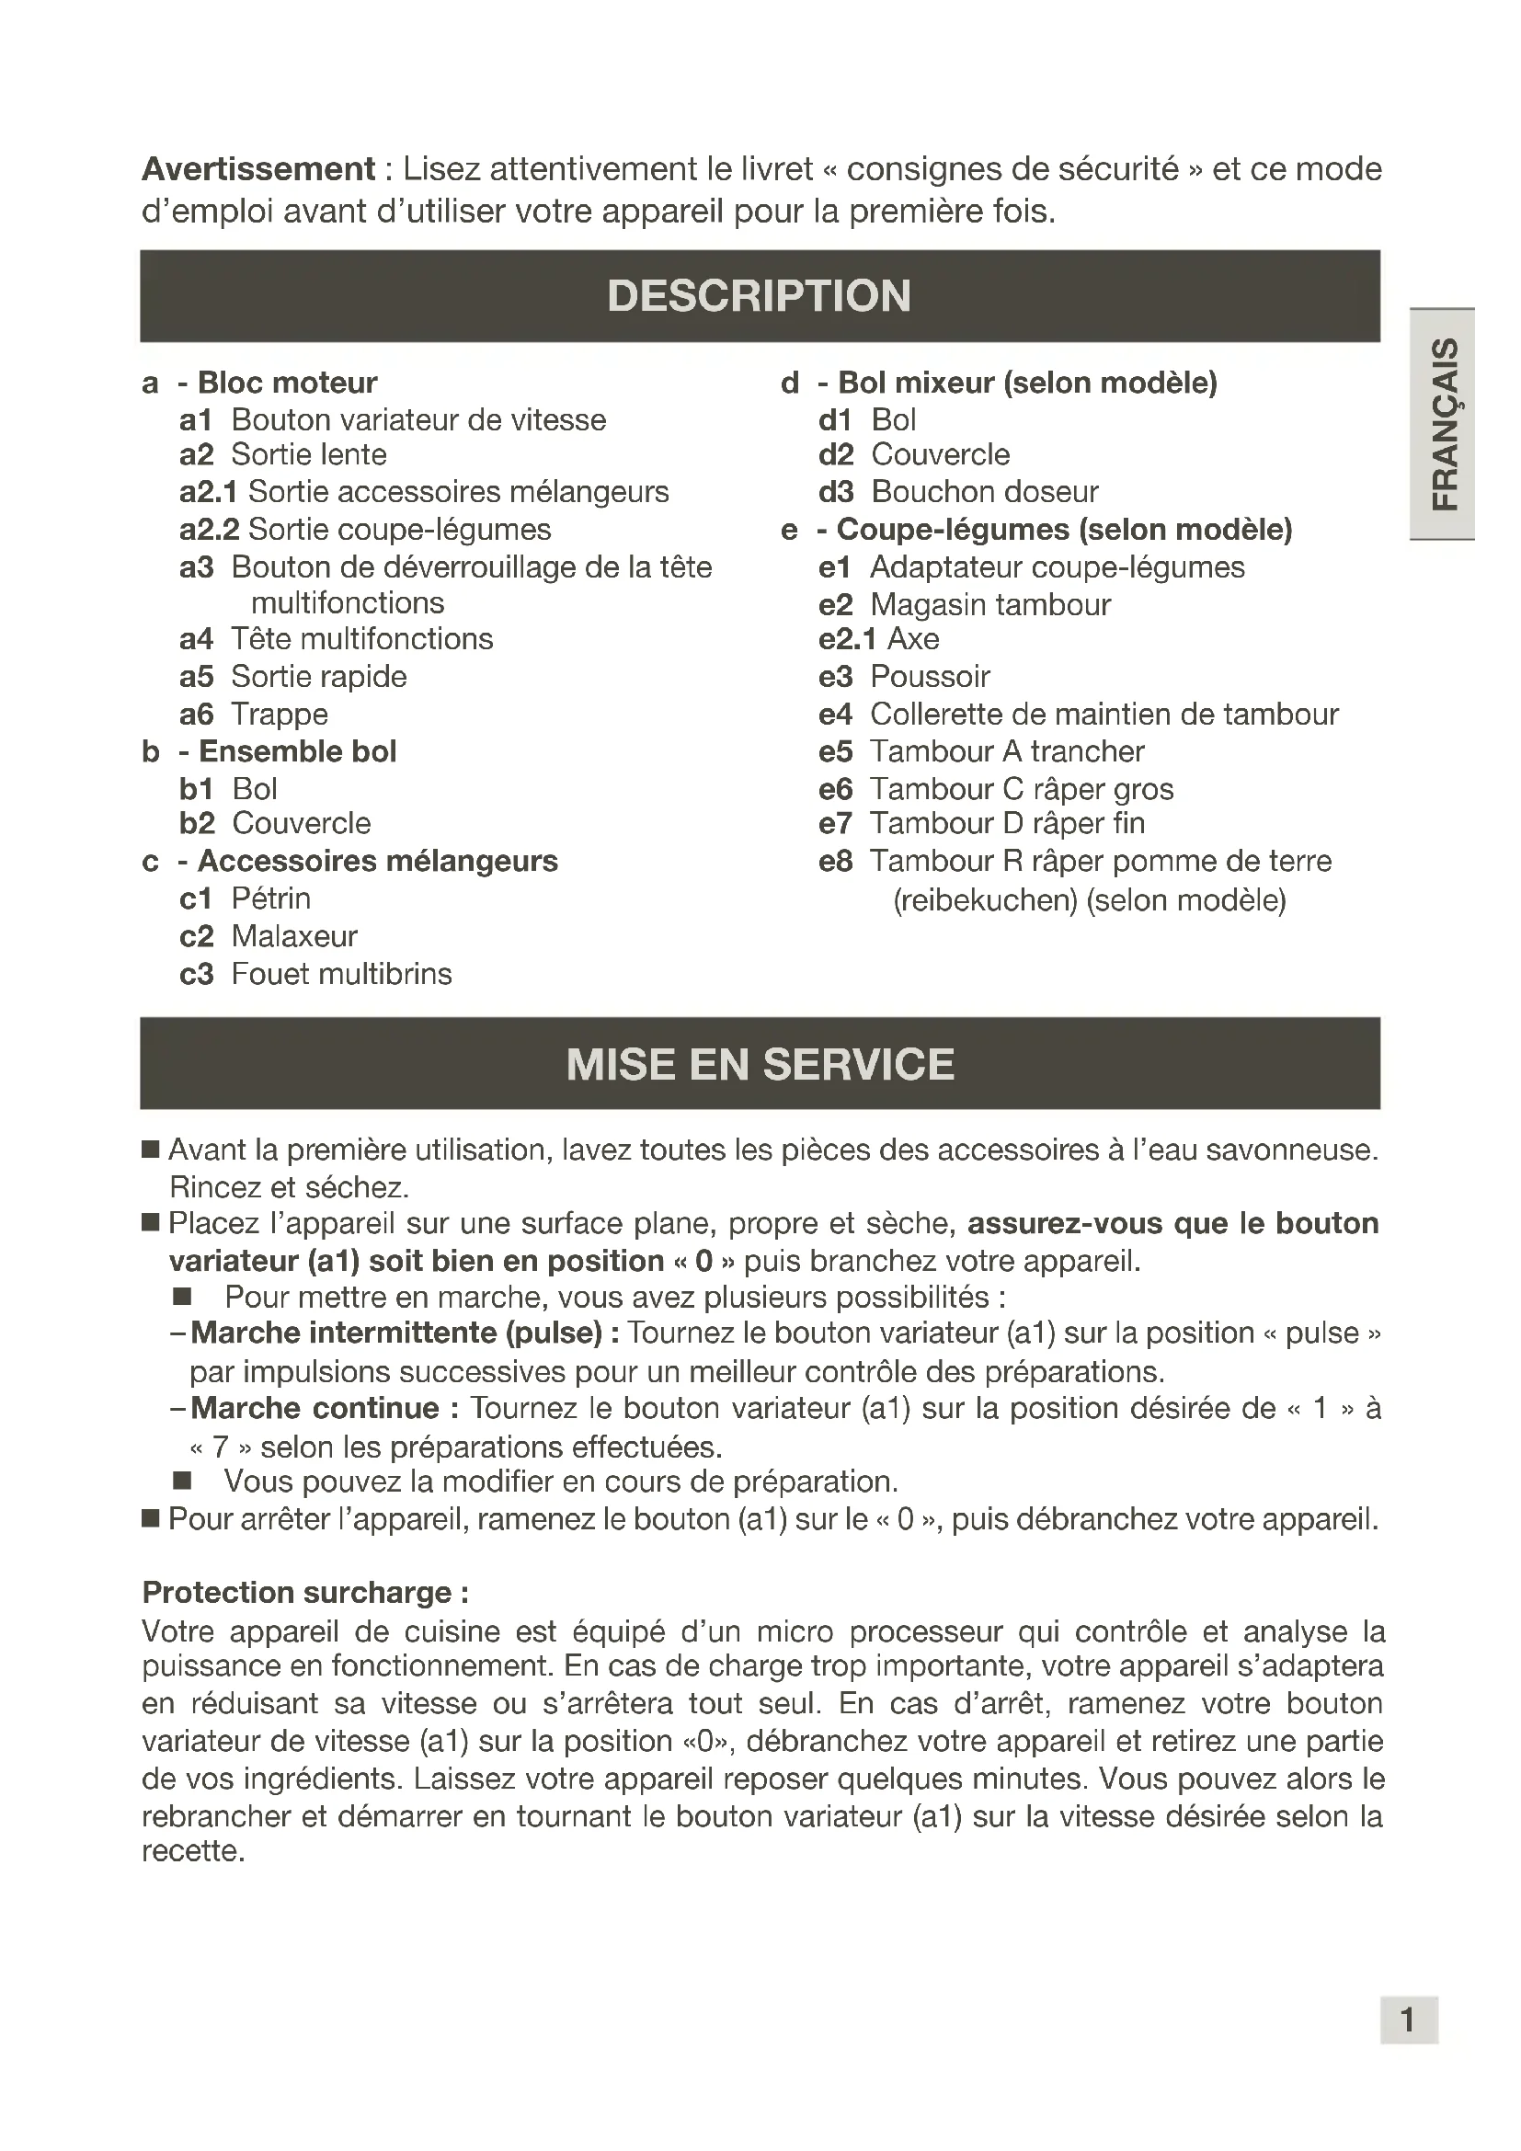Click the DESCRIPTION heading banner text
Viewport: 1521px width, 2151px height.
click(760, 296)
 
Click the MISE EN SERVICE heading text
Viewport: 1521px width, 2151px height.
click(760, 1064)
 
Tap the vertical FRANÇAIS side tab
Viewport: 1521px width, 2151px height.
click(1444, 423)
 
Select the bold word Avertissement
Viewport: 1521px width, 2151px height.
click(258, 169)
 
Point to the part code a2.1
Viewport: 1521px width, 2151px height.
click(208, 492)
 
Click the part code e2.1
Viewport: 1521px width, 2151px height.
click(847, 639)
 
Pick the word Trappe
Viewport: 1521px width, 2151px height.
click(280, 715)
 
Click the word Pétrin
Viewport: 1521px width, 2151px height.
click(270, 898)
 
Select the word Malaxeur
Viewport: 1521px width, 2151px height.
click(294, 936)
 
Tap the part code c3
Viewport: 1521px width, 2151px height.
click(197, 974)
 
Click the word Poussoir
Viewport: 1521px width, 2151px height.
click(929, 677)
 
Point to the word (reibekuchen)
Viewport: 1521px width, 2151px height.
click(985, 900)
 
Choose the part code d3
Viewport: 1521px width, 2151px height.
click(835, 492)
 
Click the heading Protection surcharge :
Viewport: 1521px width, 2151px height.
click(305, 1593)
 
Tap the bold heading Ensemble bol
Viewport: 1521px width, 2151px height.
click(298, 751)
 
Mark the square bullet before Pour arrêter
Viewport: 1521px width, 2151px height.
click(151, 1518)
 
